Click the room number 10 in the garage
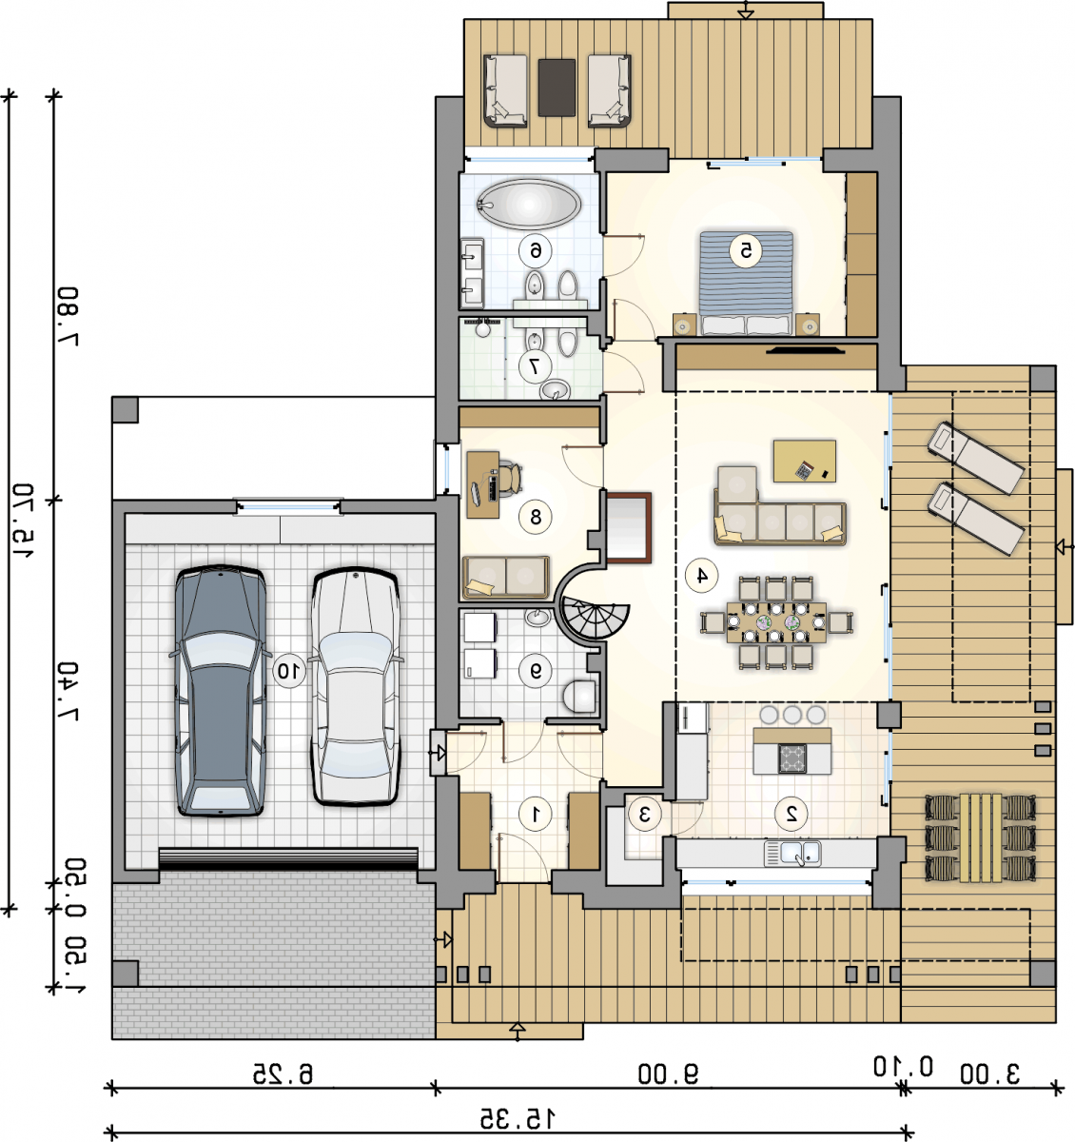point(288,671)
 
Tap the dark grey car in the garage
point(220,690)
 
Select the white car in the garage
point(356,686)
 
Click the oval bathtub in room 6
point(529,205)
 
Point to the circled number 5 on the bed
point(745,250)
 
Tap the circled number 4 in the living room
point(701,575)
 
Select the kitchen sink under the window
point(792,853)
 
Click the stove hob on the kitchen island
point(792,758)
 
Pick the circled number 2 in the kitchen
point(791,813)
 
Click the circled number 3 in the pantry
point(644,813)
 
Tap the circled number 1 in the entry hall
point(536,813)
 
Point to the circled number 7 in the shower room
point(535,366)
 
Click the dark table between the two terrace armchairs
point(557,88)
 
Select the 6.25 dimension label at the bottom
point(283,1073)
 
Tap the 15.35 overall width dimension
point(518,1118)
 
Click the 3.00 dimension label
point(989,1073)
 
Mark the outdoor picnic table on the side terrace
point(980,837)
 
